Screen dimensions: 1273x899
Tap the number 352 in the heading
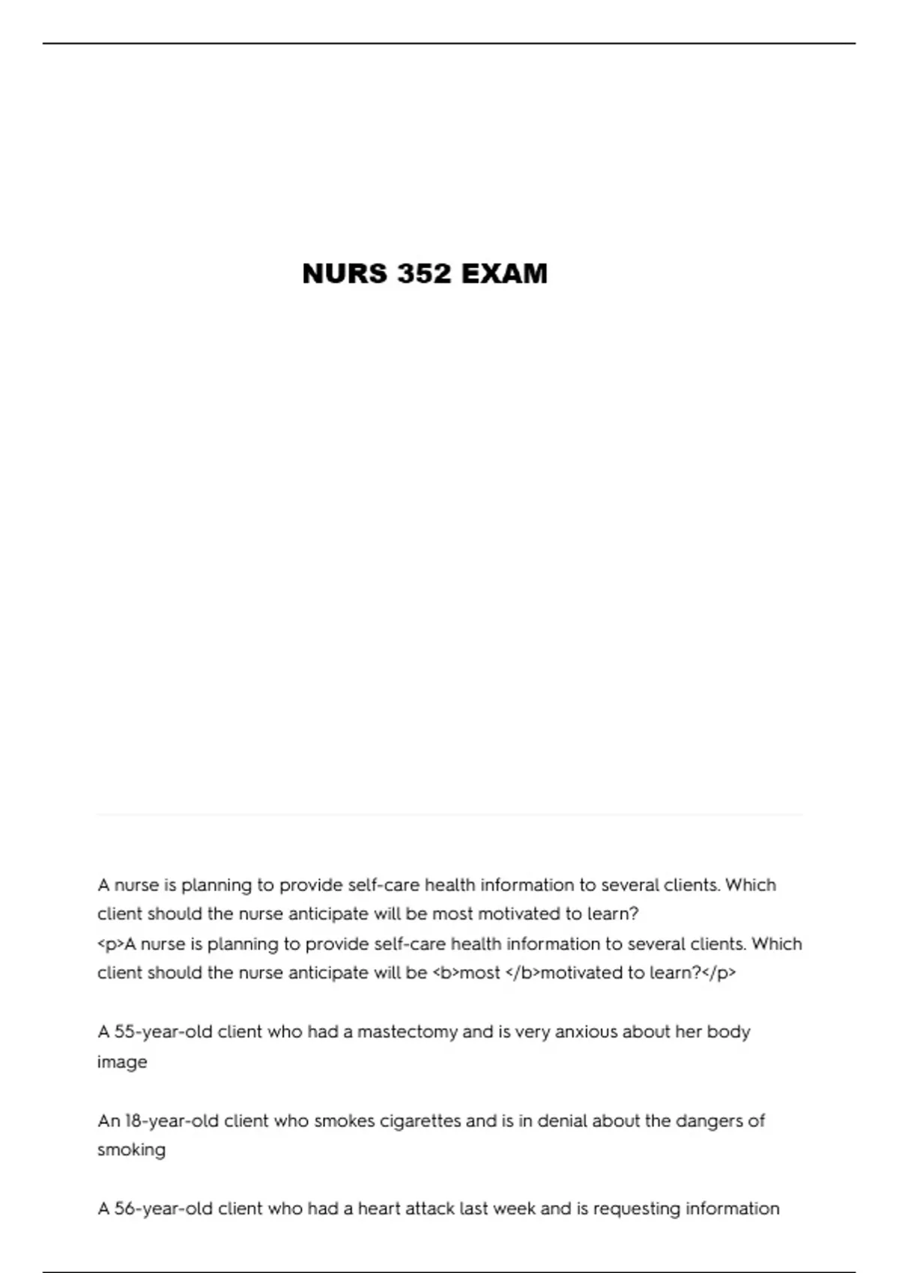pyautogui.click(x=425, y=274)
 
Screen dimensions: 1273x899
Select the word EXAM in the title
pyautogui.click(x=504, y=274)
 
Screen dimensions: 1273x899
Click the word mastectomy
pyautogui.click(x=407, y=1032)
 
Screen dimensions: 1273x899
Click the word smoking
pyautogui.click(x=131, y=1150)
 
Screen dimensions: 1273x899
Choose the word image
pyautogui.click(x=122, y=1063)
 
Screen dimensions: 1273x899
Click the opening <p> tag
pyautogui.click(x=110, y=944)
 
